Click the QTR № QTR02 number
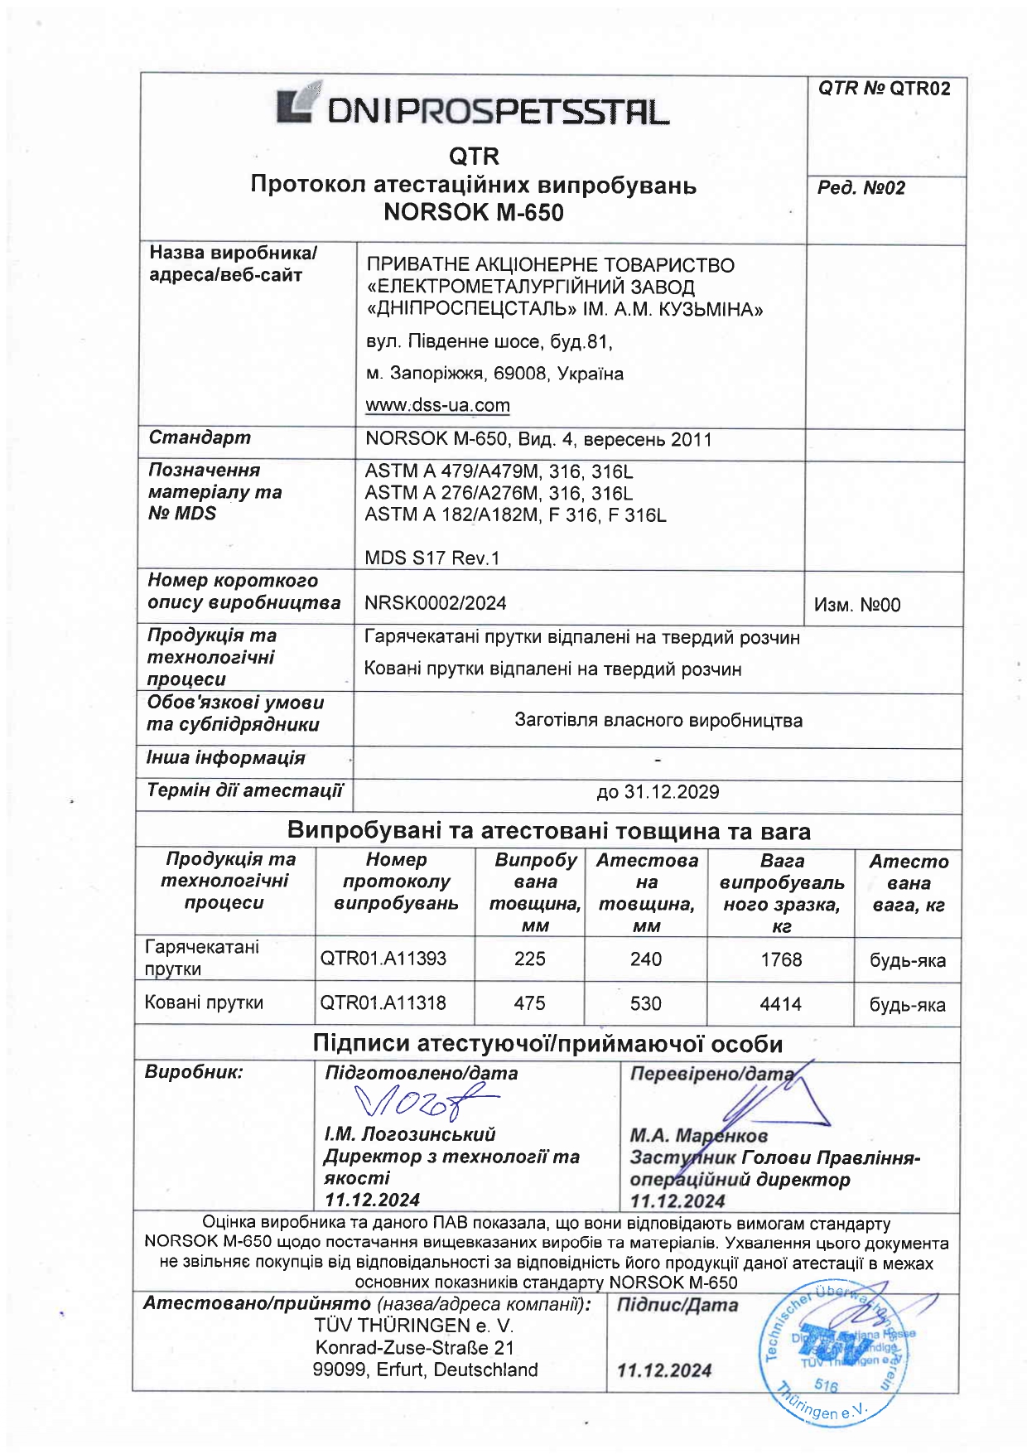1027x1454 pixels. [x=884, y=89]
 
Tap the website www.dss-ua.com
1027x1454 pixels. [x=437, y=405]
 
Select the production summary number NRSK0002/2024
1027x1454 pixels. [x=435, y=603]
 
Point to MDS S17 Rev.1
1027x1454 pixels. [x=432, y=558]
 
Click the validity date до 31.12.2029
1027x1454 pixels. [x=657, y=792]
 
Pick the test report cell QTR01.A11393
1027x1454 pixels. [x=383, y=959]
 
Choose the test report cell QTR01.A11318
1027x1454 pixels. [x=383, y=1003]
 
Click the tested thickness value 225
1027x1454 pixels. [x=529, y=959]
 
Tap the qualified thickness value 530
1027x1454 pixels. [x=645, y=1004]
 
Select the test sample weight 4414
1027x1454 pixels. [x=780, y=1004]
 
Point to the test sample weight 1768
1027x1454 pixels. [x=781, y=959]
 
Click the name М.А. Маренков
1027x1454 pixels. [x=698, y=1135]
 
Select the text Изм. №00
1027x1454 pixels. [x=856, y=605]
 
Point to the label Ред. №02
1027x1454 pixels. [x=861, y=188]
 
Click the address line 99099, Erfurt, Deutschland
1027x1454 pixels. [x=425, y=1370]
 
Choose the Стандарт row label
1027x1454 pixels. [x=199, y=437]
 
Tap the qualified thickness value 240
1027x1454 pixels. [x=645, y=959]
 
